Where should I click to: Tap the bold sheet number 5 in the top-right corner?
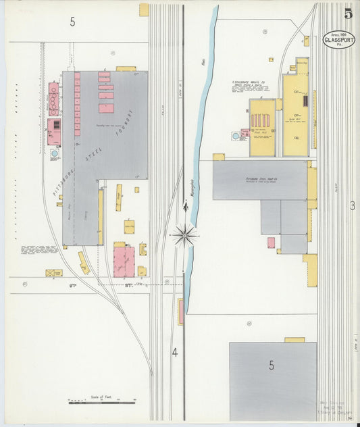348,14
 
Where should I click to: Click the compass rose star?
184,235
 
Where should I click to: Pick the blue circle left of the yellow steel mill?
236,136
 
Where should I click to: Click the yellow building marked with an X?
54,273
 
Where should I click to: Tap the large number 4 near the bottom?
174,352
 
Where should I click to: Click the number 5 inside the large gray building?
272,366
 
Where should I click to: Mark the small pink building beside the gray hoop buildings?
271,242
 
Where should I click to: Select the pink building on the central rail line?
180,311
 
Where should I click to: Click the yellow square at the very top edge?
144,9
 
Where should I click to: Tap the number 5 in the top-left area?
72,22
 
